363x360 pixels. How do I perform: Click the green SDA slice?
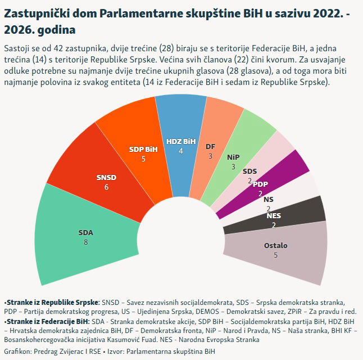(84, 236)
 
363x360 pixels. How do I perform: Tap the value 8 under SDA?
(86, 242)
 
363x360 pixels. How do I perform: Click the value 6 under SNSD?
(106, 187)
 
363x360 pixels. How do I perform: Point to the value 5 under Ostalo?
(275, 255)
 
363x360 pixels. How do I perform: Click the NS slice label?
(269, 199)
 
